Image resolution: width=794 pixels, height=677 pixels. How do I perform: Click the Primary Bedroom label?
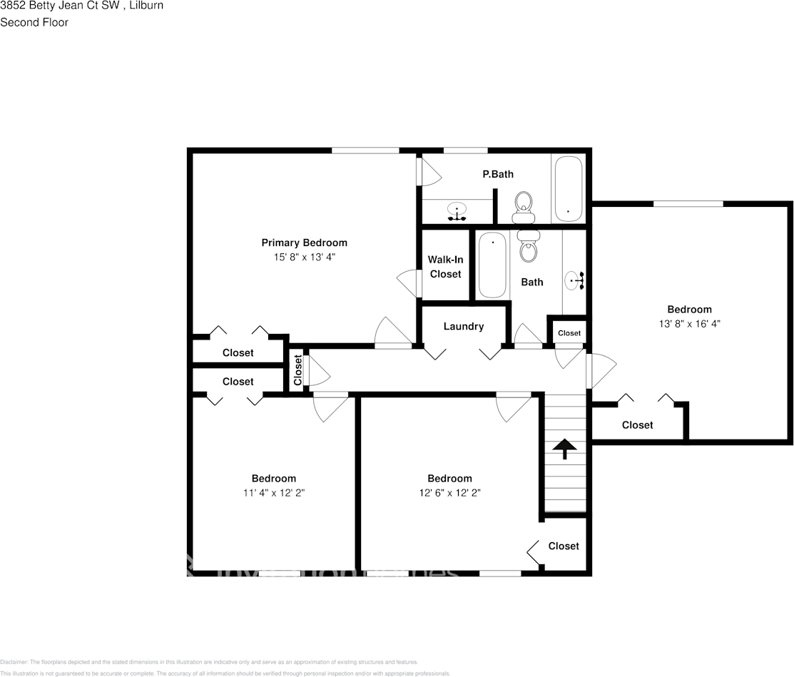[x=304, y=243]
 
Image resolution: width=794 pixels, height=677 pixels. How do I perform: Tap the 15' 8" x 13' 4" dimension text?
[x=304, y=257]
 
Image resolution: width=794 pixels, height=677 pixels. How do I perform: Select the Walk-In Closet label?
[x=445, y=267]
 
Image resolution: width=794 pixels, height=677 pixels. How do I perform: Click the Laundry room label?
[x=464, y=326]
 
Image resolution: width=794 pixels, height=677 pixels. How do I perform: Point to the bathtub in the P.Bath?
[x=568, y=189]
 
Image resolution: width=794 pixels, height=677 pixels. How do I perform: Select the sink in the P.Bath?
[x=457, y=211]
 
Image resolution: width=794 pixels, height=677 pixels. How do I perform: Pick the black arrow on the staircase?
[x=565, y=448]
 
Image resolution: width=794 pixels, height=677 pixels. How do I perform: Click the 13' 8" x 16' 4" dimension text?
[x=689, y=323]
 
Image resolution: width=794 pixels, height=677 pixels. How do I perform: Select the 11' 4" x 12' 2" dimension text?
[x=273, y=492]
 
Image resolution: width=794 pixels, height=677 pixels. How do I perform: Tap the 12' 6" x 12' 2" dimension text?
[x=449, y=492]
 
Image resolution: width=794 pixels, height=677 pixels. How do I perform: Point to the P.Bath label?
[x=498, y=174]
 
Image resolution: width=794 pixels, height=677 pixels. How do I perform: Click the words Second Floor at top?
[x=34, y=22]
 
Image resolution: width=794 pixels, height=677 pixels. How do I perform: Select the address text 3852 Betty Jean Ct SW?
[x=58, y=6]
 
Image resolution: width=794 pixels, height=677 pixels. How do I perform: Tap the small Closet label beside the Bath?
[x=569, y=333]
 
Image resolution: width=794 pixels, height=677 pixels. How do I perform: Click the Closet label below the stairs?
[x=564, y=546]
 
